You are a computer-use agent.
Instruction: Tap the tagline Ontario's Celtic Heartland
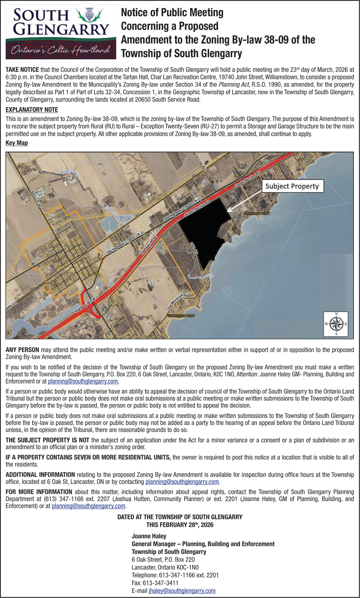60,50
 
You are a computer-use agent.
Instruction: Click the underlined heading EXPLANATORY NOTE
32,110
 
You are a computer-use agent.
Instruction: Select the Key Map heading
17,143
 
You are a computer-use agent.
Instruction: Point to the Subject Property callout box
292,186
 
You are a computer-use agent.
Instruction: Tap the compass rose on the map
336,324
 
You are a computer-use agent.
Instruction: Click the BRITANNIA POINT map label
257,213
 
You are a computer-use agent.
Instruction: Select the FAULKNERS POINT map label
181,316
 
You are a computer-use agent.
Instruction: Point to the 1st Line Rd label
200,162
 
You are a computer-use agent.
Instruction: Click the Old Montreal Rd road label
178,302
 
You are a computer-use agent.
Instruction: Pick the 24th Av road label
194,248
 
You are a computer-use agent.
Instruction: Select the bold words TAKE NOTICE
22,69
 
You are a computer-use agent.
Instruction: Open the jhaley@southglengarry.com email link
182,591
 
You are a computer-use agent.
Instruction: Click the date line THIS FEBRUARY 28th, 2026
180,525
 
